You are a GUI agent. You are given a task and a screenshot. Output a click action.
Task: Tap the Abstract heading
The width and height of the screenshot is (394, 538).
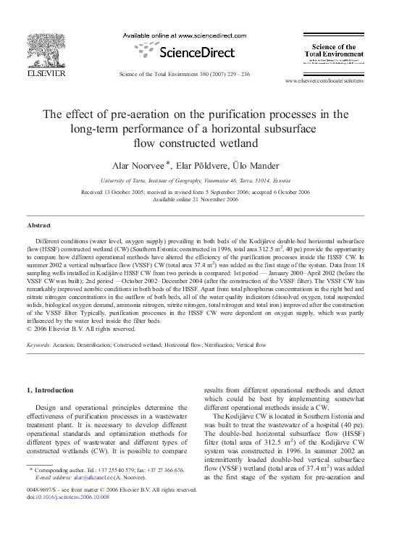coord(38,226)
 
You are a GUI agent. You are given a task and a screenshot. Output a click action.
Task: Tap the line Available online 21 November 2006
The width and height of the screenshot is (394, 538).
coord(197,199)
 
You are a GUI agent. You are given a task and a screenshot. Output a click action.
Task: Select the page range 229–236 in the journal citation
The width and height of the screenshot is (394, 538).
coord(234,75)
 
